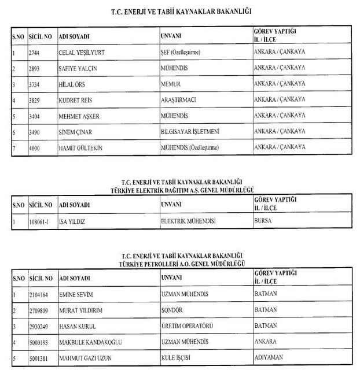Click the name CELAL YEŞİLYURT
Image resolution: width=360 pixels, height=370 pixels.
(83, 51)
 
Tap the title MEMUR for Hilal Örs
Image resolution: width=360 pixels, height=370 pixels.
(172, 84)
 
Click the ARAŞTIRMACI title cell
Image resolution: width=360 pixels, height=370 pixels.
(179, 100)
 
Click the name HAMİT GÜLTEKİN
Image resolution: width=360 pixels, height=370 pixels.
(82, 149)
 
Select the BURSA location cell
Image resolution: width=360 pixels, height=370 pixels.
(263, 221)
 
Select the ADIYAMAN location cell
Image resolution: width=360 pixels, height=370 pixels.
(269, 358)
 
